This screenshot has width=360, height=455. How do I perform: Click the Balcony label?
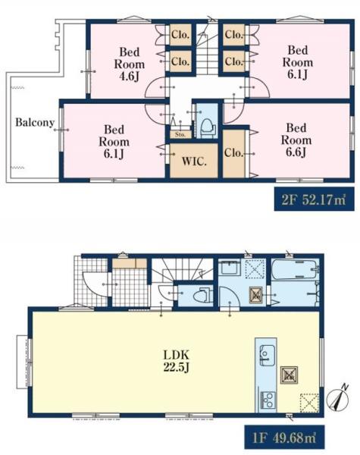click(x=35, y=122)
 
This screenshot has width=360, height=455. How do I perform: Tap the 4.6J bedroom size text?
click(x=130, y=77)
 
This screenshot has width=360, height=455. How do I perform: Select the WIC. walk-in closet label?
click(x=194, y=161)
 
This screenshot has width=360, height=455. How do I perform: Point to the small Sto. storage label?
click(x=180, y=135)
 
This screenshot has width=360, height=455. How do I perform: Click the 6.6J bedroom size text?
click(x=296, y=152)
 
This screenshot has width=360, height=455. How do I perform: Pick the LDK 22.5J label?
click(x=177, y=361)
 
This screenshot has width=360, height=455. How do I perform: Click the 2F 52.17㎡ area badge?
click(x=315, y=199)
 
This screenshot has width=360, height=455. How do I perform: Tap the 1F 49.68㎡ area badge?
click(x=284, y=437)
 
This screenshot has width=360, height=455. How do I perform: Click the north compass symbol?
click(x=338, y=399)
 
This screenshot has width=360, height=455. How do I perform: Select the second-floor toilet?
click(x=208, y=128)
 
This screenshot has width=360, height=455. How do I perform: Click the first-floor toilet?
click(x=203, y=297)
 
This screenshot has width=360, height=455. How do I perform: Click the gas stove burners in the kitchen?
click(x=268, y=400)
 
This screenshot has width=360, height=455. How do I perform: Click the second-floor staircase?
click(x=207, y=49)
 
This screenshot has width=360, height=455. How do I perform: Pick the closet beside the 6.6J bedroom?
click(x=233, y=153)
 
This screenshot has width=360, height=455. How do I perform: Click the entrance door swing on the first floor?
click(x=95, y=284)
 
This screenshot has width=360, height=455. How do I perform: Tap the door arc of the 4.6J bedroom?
click(x=156, y=87)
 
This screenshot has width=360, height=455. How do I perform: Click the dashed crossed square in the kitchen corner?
click(x=309, y=403)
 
